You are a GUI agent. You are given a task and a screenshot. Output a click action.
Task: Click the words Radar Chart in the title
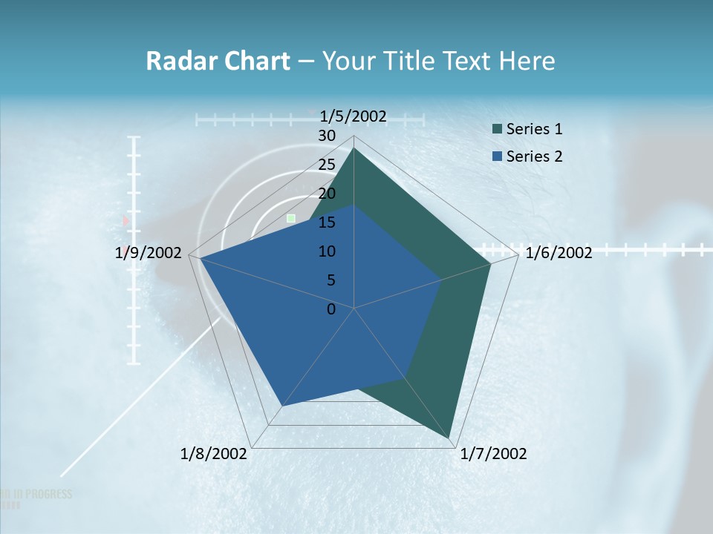(218, 61)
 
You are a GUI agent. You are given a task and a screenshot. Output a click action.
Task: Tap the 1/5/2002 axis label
(353, 116)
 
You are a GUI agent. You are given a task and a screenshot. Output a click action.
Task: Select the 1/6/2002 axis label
(559, 253)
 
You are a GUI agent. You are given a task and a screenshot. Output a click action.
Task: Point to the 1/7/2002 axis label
(494, 453)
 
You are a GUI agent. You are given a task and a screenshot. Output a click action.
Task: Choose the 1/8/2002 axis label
(214, 453)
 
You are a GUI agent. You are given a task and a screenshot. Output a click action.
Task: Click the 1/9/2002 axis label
(149, 253)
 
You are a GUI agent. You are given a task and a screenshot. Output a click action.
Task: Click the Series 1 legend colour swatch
(497, 129)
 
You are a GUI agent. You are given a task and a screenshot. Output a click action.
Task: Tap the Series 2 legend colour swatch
(497, 156)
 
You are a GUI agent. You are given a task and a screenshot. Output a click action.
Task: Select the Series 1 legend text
(534, 129)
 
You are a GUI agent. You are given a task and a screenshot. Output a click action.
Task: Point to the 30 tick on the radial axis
(327, 136)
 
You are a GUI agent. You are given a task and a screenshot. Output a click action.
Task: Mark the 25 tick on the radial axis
(327, 165)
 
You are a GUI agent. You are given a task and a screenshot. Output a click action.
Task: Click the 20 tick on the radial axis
(327, 194)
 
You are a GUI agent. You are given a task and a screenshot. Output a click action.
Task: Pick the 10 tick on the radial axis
(327, 251)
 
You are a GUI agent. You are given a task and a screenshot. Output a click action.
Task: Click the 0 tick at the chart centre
(331, 309)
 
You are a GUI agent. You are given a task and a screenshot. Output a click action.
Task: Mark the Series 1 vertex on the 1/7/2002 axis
(451, 439)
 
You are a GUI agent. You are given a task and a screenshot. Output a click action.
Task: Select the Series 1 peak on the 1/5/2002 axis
(354, 148)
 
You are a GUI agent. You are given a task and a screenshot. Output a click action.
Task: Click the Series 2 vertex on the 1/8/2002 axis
(282, 406)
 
